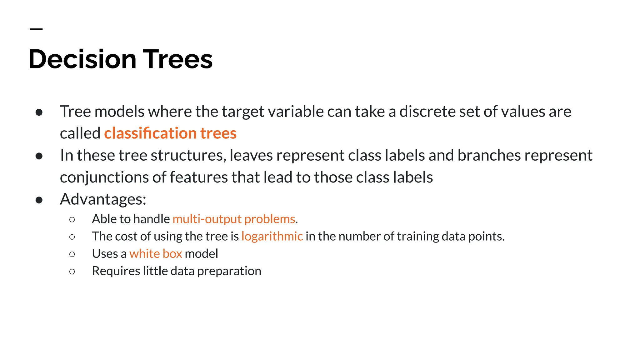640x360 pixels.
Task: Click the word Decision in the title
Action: pos(82,59)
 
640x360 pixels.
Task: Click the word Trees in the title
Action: pos(177,59)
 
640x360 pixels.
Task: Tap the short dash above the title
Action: pos(36,29)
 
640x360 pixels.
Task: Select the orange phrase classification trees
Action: pos(170,133)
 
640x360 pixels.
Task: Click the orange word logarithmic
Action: pos(272,236)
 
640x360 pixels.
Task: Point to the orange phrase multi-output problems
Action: pos(234,219)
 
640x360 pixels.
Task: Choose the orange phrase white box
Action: pos(156,254)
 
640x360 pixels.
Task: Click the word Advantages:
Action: pos(103,199)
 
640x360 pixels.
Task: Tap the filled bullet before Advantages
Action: pos(39,200)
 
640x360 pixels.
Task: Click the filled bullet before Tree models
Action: pos(39,112)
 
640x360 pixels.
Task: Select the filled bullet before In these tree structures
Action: pos(39,156)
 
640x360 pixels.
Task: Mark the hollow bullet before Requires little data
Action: pos(72,272)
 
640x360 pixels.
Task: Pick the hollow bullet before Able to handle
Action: pos(72,220)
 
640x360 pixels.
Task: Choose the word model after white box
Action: pos(201,254)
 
